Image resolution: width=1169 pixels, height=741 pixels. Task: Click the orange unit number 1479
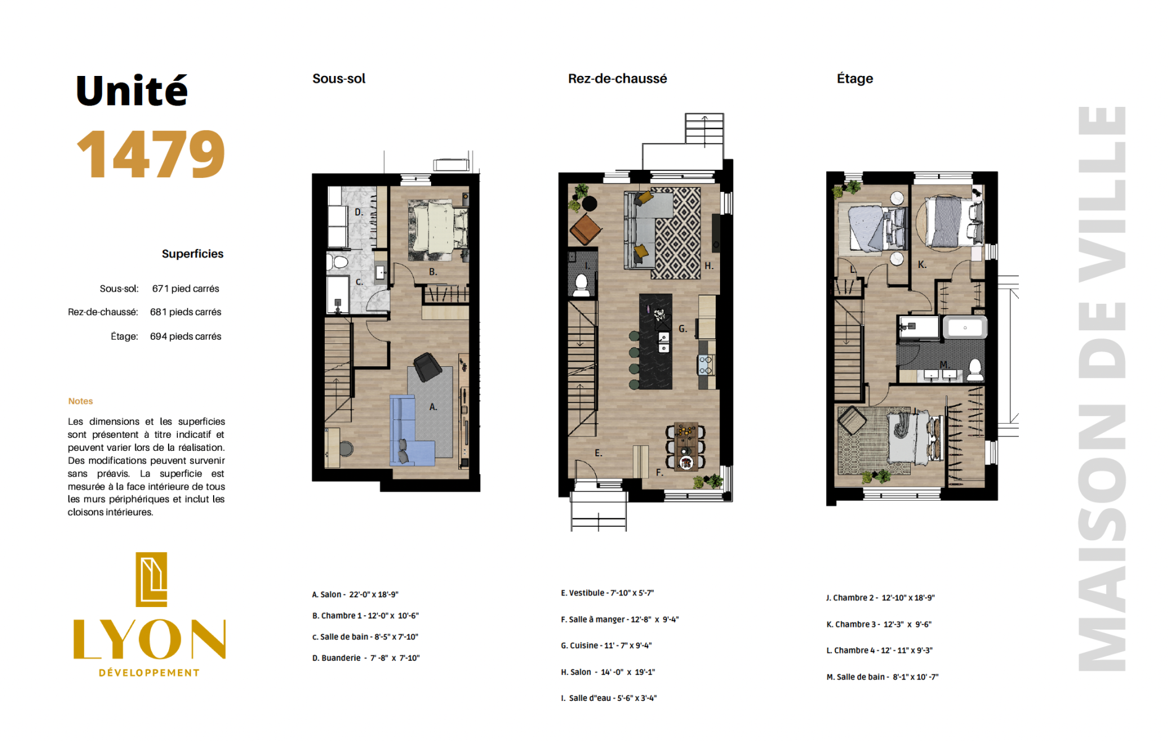(151, 154)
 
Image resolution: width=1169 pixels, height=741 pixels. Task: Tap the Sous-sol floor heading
(338, 78)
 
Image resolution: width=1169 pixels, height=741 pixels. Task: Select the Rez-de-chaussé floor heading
(617, 78)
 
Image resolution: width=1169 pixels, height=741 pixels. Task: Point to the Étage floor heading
(855, 78)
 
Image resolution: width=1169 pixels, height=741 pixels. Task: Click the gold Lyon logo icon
(151, 579)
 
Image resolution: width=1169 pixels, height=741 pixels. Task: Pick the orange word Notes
(80, 401)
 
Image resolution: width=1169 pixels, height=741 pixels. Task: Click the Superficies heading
(193, 254)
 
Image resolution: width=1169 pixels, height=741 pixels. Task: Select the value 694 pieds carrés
(185, 337)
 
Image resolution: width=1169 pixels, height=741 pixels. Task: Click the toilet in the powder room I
(581, 284)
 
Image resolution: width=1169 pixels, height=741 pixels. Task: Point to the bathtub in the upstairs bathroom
(965, 327)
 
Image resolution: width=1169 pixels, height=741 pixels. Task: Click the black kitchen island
(655, 341)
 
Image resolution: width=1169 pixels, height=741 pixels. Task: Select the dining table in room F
(685, 446)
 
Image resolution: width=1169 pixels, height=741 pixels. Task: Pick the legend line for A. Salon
(355, 595)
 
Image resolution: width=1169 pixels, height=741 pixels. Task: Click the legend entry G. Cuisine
(606, 646)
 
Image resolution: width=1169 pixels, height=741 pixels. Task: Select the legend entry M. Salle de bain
(882, 677)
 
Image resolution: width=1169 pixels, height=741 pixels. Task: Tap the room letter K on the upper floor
(922, 265)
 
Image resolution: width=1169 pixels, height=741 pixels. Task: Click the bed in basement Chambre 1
(438, 227)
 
